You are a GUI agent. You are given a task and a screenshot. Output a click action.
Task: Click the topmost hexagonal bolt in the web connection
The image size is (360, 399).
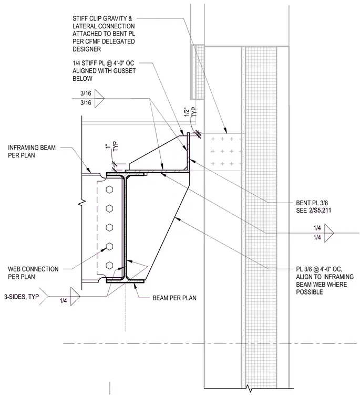pos(109,190)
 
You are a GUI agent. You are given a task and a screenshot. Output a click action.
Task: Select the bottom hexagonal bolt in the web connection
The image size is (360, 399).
pos(109,265)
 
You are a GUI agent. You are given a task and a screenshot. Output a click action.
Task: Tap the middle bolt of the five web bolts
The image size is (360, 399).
pos(109,227)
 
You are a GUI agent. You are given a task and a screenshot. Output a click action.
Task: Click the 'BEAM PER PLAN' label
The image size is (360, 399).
pos(174,298)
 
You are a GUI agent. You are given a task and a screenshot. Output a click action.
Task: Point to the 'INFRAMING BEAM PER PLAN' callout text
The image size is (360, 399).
pos(32,151)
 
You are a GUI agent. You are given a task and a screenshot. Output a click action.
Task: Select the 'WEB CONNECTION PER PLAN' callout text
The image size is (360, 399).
pos(33,273)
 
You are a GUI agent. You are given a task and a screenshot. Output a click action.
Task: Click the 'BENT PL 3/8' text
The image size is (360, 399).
pos(312,203)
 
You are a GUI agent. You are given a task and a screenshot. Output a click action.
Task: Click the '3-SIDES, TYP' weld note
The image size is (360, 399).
pos(22,297)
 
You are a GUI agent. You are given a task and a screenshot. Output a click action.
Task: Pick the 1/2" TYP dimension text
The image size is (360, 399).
pos(191,112)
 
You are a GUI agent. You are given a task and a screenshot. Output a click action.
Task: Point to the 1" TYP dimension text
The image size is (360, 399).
pos(112,147)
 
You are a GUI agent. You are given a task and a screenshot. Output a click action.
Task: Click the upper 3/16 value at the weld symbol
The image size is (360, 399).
pos(86,93)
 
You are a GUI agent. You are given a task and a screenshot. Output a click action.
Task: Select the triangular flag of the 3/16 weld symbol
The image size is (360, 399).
pos(99,99)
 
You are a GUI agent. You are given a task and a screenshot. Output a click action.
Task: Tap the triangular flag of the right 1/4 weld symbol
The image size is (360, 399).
pos(329,233)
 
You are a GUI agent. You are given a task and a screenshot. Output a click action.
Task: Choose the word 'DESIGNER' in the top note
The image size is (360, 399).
pos(87,49)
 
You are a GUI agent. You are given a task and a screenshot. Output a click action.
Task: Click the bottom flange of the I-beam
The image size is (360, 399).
pos(125,281)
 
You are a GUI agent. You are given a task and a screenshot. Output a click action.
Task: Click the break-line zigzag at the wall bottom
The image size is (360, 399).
pos(249,388)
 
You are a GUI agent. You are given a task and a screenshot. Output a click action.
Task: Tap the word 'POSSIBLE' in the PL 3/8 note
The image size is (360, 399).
pos(310,292)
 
